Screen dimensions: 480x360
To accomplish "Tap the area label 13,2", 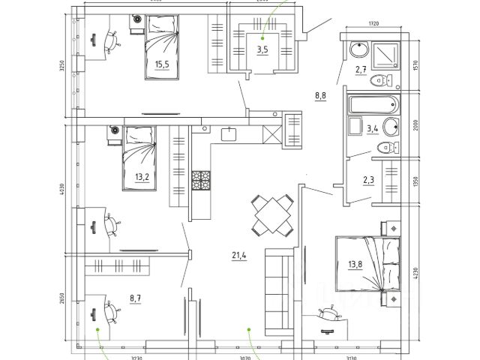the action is pyautogui.click(x=142, y=177).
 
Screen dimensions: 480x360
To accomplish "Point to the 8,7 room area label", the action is pyautogui.click(x=136, y=298).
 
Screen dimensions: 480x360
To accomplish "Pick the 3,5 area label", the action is pyautogui.click(x=262, y=50).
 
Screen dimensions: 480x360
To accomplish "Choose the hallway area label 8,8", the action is pyautogui.click(x=320, y=95).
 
